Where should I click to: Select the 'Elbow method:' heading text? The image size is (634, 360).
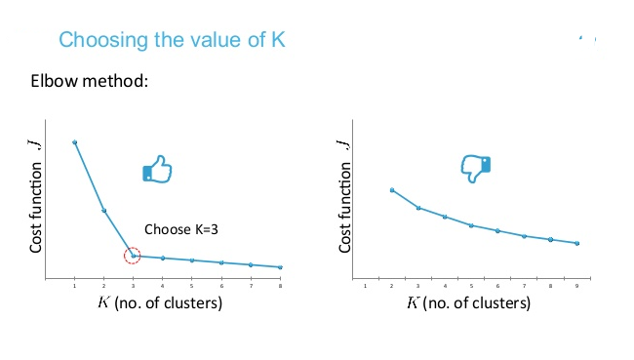coord(90,80)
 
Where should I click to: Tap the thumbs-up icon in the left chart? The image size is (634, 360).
coord(157,172)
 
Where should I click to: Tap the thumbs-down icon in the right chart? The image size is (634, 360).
coord(475,169)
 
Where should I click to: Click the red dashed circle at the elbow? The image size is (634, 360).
coord(134,256)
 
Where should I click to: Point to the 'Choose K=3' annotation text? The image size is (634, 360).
coord(181,229)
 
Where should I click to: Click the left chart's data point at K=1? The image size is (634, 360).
coord(74,142)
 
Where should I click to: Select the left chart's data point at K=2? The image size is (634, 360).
coord(103,211)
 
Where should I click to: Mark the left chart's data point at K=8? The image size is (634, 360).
coord(281,267)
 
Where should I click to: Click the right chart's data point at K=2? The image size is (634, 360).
coord(392,190)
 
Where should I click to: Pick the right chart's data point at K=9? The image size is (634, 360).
coord(578,244)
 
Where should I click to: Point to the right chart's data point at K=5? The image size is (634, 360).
coord(471,225)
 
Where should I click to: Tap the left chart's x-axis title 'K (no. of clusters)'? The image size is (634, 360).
coord(160,302)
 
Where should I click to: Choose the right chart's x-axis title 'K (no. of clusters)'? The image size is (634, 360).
coord(469,302)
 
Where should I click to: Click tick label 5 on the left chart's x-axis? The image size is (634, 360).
coord(192,286)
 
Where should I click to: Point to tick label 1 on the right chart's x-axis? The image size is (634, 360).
coord(366,286)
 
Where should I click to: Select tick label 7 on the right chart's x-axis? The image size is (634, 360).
coord(525,286)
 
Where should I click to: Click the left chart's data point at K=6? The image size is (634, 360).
coord(221,262)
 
